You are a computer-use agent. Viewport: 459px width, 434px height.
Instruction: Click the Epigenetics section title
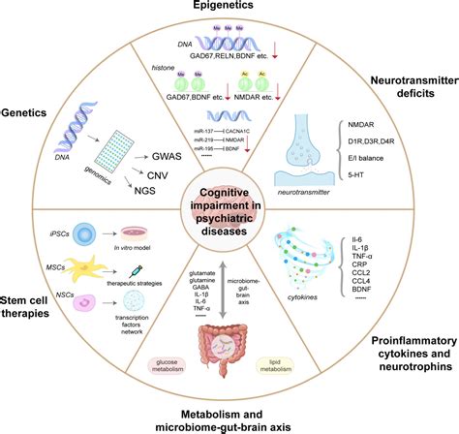[229, 9]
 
